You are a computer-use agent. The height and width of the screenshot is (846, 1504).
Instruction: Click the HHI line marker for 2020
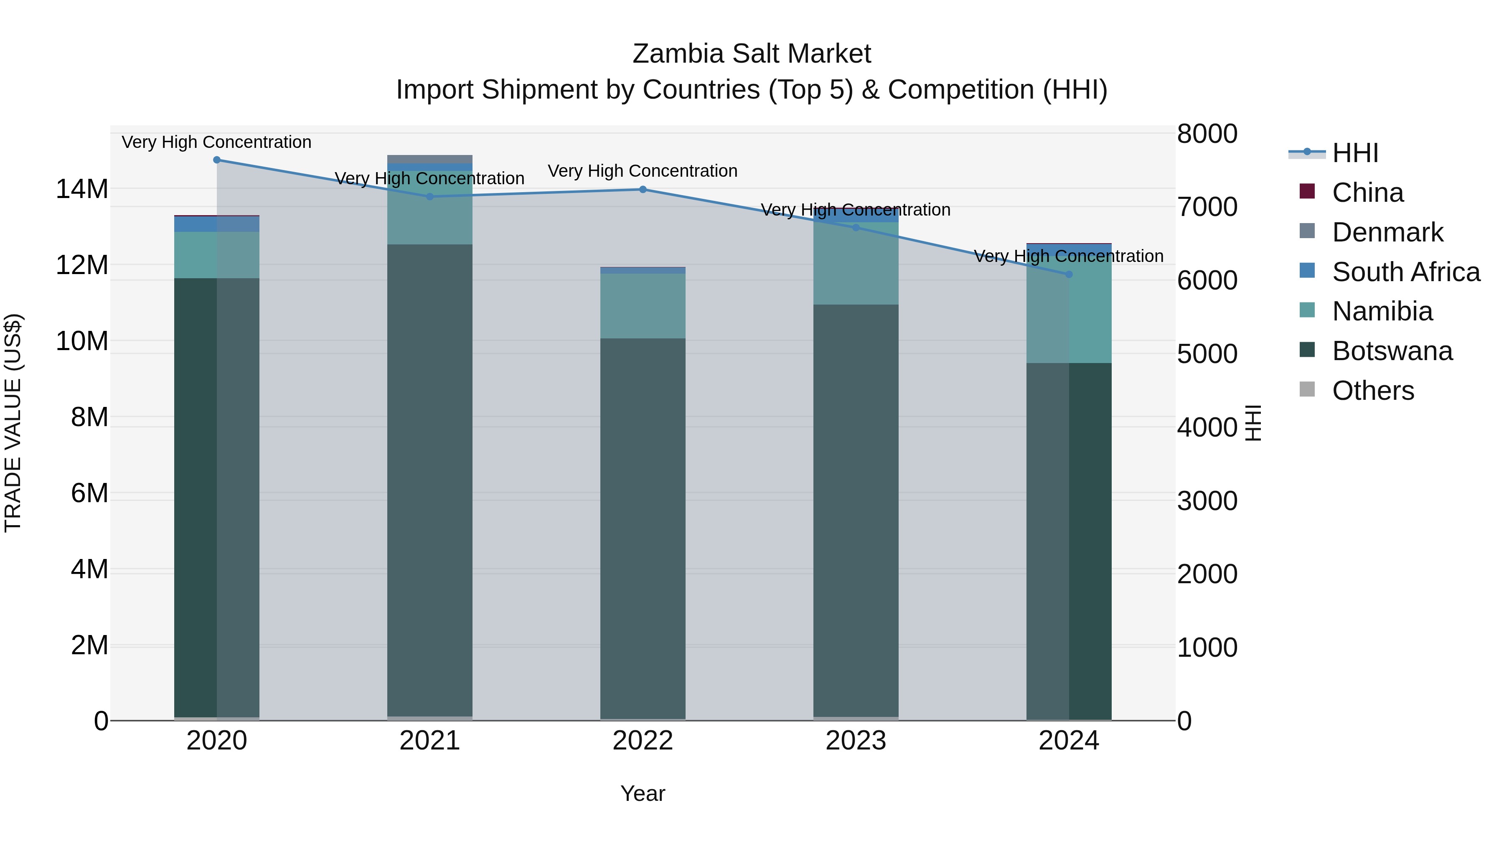tap(216, 160)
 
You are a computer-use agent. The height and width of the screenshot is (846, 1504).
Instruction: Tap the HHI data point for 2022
tap(643, 189)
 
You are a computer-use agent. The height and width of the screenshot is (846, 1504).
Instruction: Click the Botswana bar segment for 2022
tap(643, 526)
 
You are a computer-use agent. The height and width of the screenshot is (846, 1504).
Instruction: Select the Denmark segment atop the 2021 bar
tap(430, 159)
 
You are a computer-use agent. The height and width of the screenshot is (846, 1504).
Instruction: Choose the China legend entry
tap(1367, 193)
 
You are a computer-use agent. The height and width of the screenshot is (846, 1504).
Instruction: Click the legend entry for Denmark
tap(1387, 232)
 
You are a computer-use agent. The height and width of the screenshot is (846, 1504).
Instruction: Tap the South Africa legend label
tap(1406, 272)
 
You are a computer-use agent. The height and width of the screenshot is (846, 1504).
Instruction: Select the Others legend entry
tap(1373, 391)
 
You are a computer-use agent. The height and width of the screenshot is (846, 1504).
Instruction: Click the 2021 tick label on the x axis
tap(430, 741)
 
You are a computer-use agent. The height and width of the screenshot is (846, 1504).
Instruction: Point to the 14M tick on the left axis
tap(82, 189)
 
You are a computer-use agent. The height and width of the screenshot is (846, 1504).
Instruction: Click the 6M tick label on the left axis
tap(89, 493)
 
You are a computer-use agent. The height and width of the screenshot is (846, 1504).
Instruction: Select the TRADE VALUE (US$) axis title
tap(13, 423)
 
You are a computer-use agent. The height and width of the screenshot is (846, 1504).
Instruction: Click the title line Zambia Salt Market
tap(752, 54)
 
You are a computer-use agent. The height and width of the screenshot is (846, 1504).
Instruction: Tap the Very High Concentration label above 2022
tap(643, 171)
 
